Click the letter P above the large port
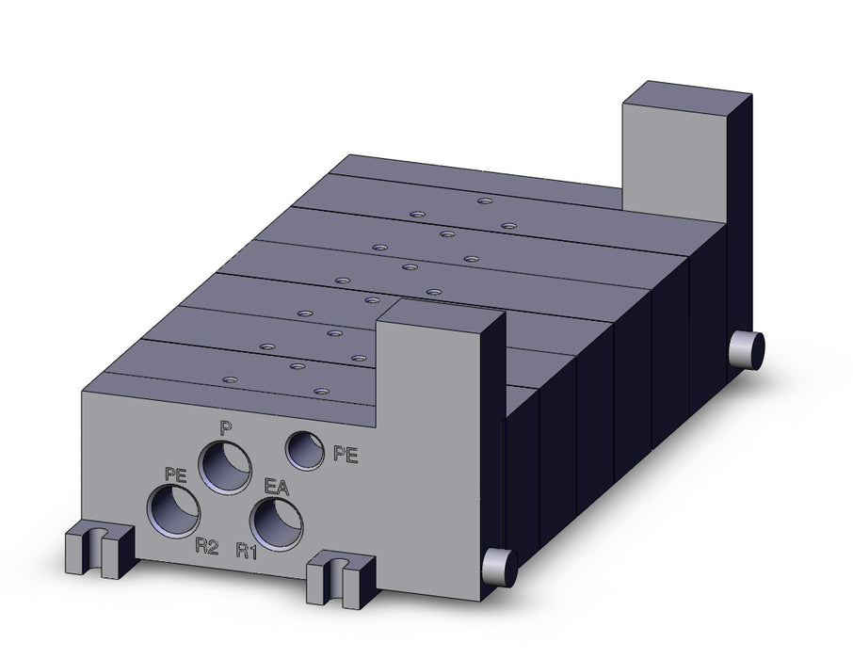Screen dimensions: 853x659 tap(223, 428)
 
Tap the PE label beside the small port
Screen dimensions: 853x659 tap(346, 454)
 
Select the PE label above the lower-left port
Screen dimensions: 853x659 tap(176, 474)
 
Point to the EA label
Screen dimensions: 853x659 tap(277, 487)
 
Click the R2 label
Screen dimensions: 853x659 tap(207, 546)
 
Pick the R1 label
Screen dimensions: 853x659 tap(247, 552)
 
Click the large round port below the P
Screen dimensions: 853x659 tap(225, 467)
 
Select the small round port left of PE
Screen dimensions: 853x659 tap(305, 450)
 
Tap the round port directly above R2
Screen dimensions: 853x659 tap(173, 511)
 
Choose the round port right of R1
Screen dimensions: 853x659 tap(277, 524)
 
